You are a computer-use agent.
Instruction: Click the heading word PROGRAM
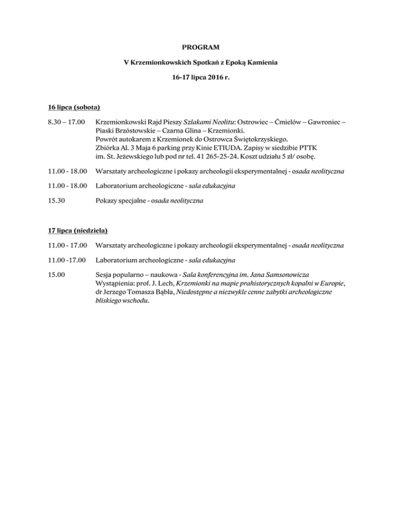click(200, 48)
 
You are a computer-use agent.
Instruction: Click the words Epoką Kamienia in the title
click(251, 62)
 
